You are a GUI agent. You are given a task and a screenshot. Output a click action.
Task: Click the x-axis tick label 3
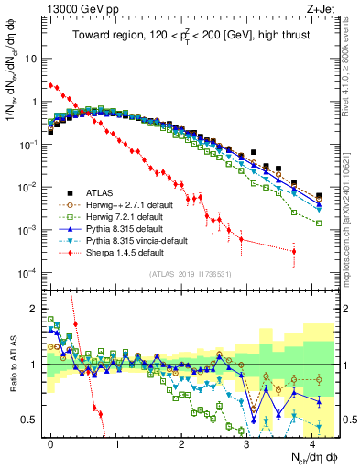[x=246, y=442]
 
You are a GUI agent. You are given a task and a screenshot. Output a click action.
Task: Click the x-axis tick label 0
[x=50, y=442]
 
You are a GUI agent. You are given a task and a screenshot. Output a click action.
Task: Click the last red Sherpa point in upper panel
[x=294, y=251]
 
